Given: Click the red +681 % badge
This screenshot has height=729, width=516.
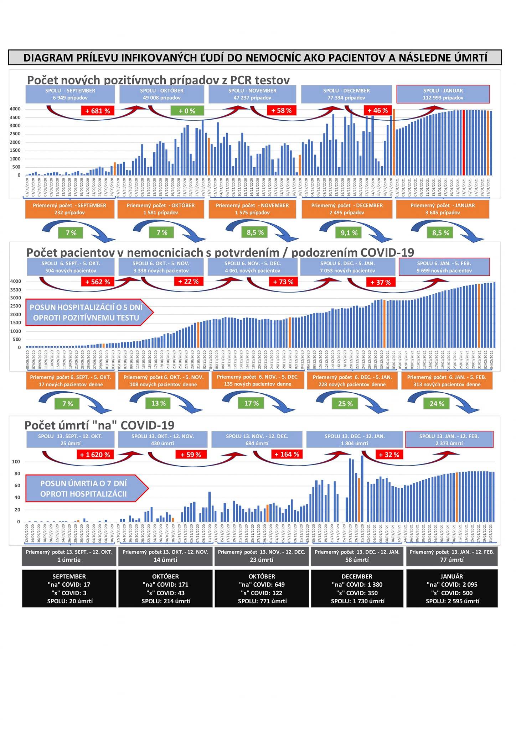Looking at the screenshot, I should (x=98, y=111).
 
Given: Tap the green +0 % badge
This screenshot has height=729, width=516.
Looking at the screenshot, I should (x=187, y=111).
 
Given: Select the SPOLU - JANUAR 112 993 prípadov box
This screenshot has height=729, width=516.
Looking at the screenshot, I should (x=443, y=94).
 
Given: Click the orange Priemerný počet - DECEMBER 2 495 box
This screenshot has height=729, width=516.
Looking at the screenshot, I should (x=347, y=209).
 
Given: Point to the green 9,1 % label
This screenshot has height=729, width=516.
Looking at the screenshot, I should (x=349, y=233).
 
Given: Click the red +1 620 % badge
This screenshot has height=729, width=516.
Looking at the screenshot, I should (x=95, y=455).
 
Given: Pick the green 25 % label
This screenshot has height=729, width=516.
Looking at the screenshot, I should (x=345, y=404).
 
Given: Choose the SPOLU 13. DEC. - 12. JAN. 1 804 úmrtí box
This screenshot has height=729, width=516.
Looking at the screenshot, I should (x=354, y=440).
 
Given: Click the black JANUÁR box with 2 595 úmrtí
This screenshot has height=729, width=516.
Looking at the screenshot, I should (x=452, y=589).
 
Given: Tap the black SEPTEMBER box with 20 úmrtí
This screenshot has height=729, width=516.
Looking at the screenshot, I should (x=69, y=589).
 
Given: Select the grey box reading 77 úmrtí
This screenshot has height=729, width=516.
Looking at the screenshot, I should (x=452, y=556).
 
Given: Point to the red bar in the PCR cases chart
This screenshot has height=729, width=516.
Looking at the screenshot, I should (x=464, y=142).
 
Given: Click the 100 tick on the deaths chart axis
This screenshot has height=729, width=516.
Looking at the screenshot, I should (x=16, y=462).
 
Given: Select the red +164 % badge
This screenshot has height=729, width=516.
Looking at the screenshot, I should (x=287, y=455).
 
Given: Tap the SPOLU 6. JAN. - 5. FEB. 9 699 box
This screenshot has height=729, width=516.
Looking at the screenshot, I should (x=444, y=267).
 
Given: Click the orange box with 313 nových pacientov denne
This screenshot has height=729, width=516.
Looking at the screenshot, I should (x=447, y=381).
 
